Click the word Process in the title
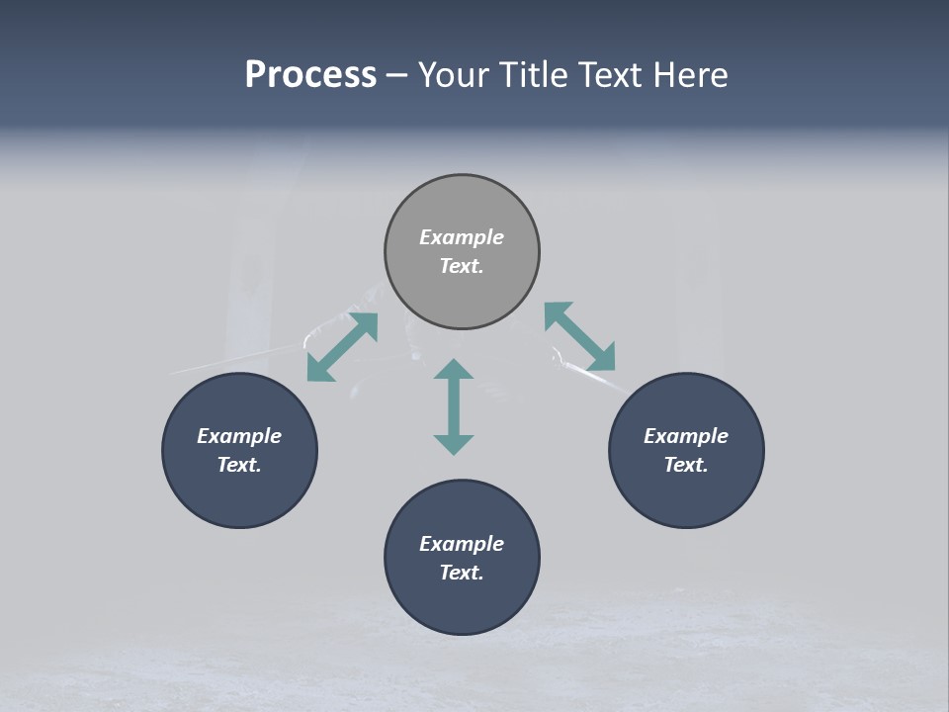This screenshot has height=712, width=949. coord(310,75)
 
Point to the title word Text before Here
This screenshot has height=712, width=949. coord(613,75)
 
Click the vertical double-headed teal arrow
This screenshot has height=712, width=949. coord(454,406)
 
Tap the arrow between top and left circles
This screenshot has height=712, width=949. coord(342,347)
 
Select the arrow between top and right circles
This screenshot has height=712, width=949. coord(579,336)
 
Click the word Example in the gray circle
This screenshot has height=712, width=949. coord(462,237)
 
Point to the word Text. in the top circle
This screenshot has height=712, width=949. coord(462,266)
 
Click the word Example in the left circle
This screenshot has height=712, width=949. coord(239,436)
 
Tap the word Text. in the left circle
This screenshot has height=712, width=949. coord(239,465)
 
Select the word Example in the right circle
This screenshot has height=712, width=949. coord(686,436)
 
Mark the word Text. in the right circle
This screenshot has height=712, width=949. coord(686,465)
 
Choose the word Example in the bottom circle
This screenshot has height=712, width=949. coord(462,544)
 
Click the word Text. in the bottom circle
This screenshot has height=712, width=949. coord(462,573)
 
